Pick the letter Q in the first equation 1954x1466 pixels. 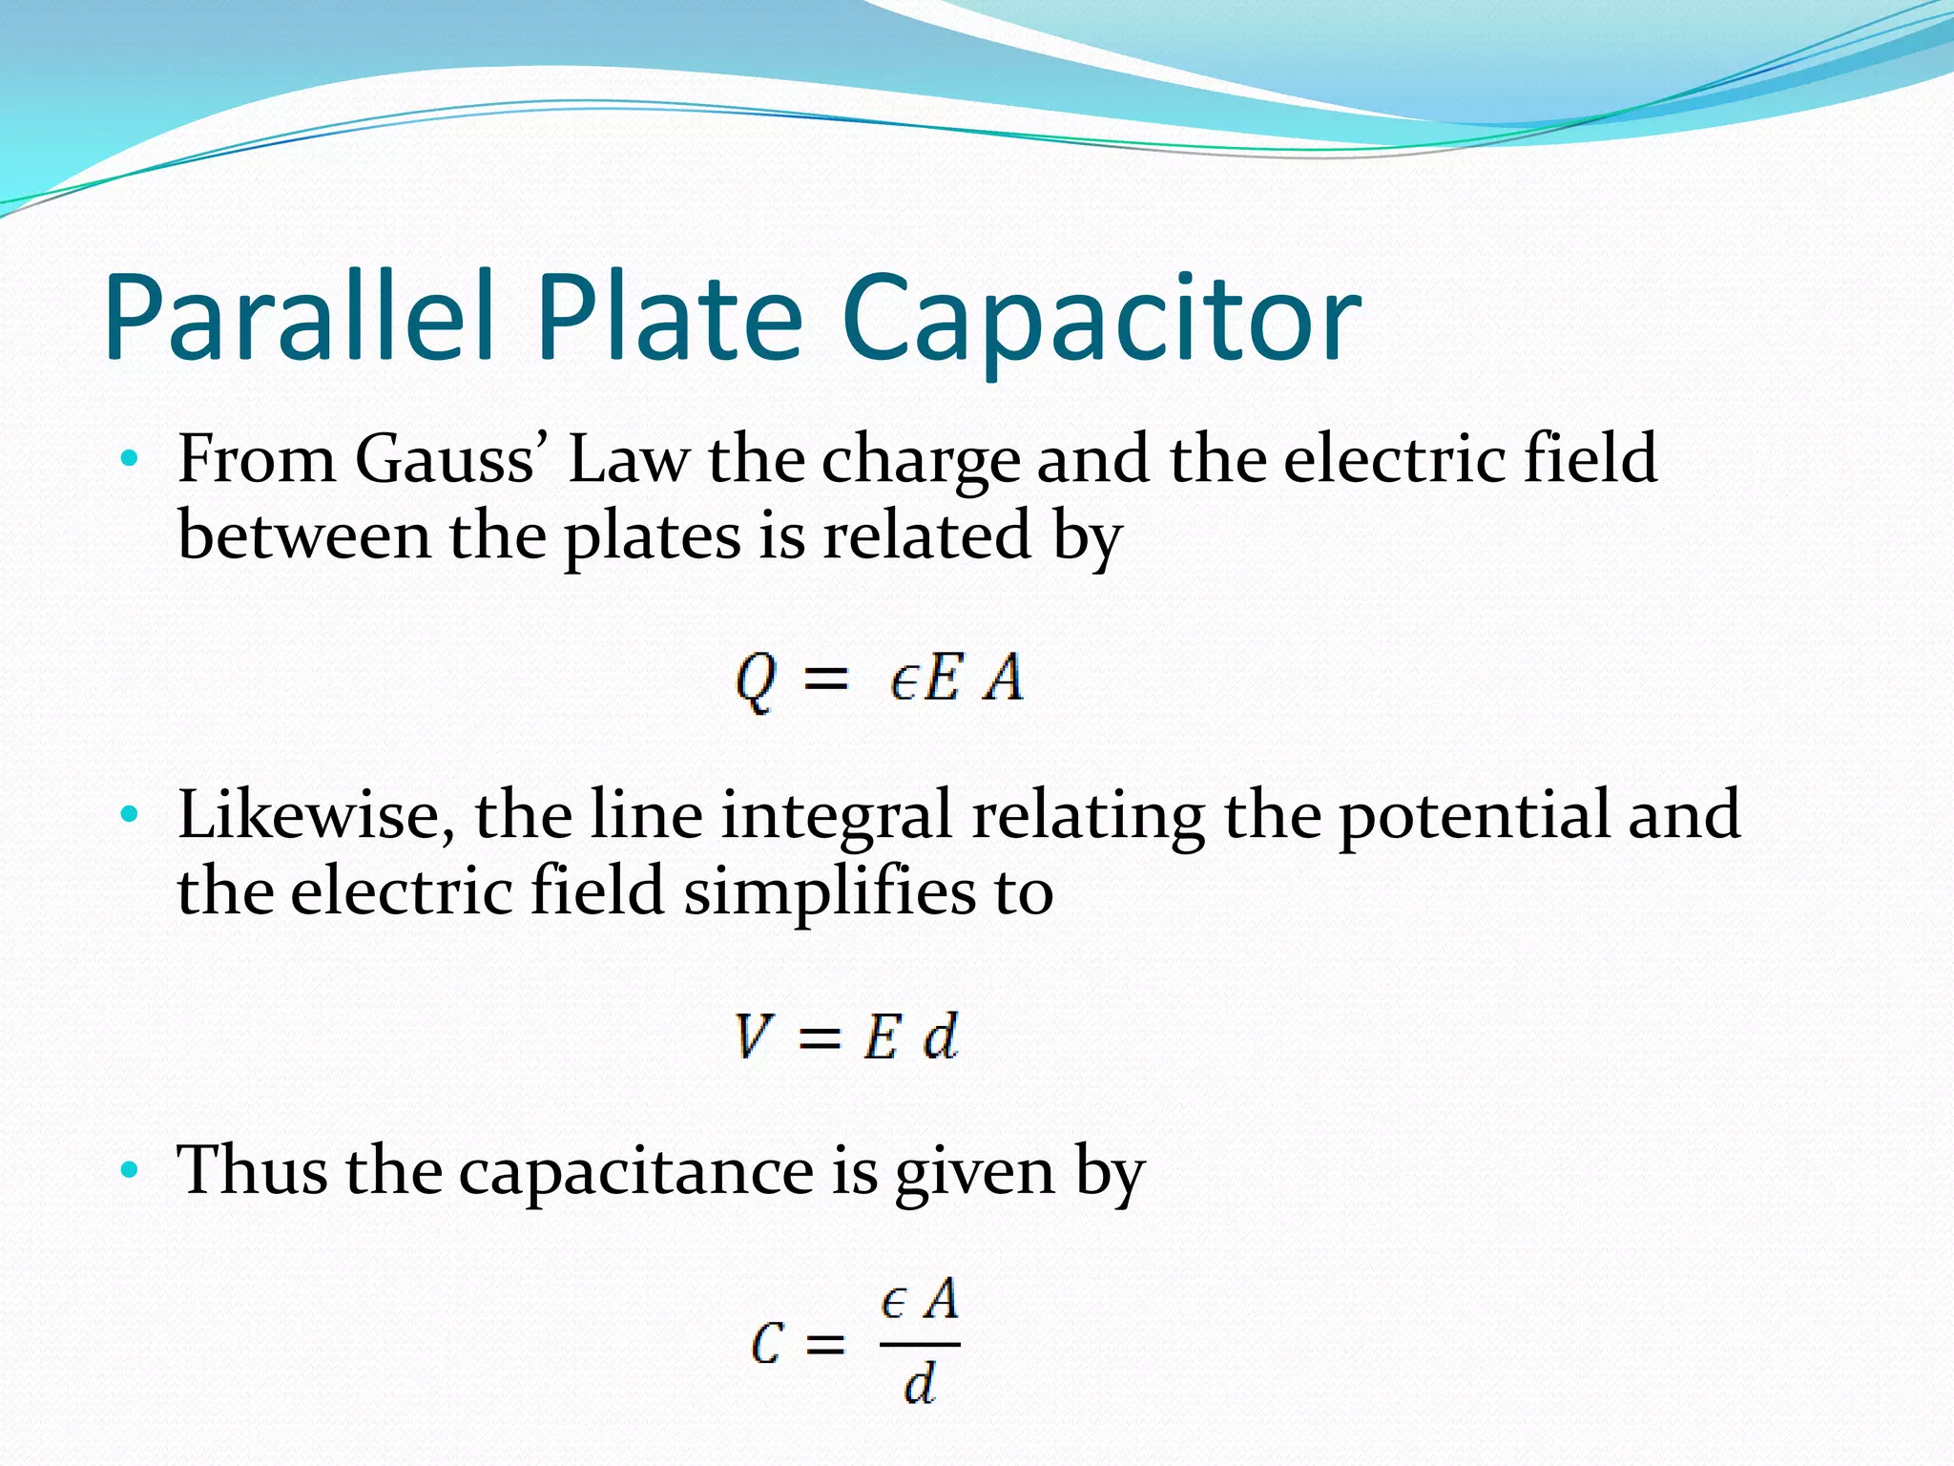[755, 681]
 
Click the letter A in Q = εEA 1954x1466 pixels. [1004, 680]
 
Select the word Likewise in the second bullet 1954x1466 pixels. [316, 816]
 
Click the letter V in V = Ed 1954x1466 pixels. [753, 1037]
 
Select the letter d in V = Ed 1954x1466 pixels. [941, 1037]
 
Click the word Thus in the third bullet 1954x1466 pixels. [252, 1170]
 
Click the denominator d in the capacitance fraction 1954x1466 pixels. [920, 1384]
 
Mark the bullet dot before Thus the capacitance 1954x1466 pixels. [130, 1171]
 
